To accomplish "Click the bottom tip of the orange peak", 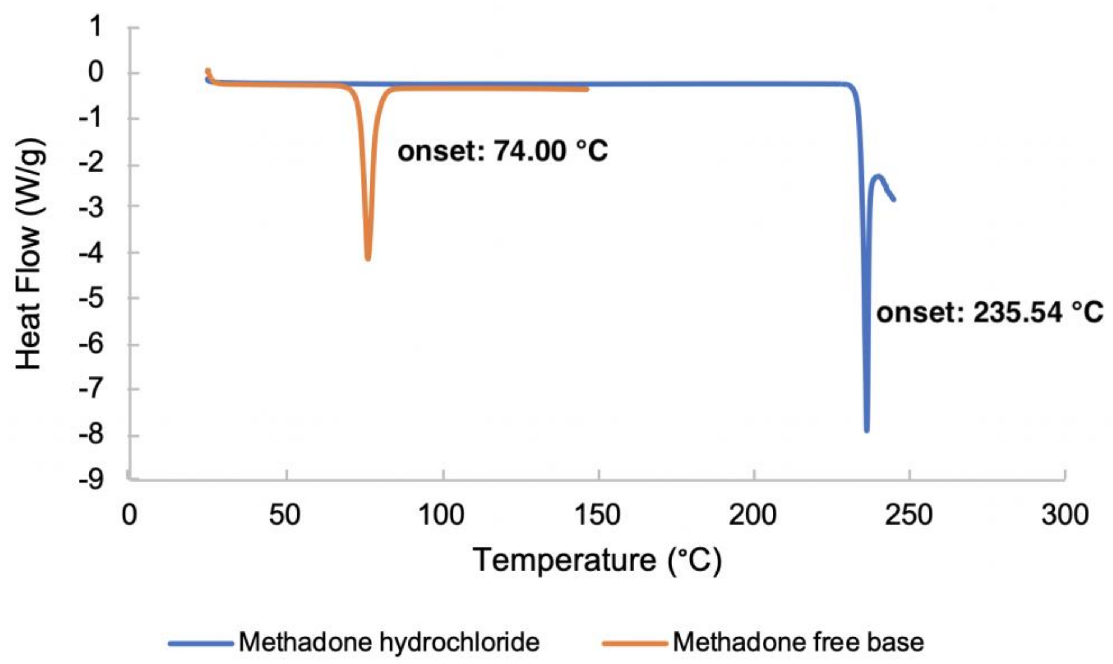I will click(x=368, y=258).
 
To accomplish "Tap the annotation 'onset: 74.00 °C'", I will click(x=503, y=151).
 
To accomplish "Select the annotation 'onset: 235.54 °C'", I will click(x=990, y=312).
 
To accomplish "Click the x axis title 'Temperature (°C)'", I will click(x=597, y=560).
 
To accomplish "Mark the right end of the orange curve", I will click(x=587, y=89).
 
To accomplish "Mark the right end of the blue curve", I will click(x=894, y=200).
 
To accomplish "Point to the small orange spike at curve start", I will click(x=207, y=71).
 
